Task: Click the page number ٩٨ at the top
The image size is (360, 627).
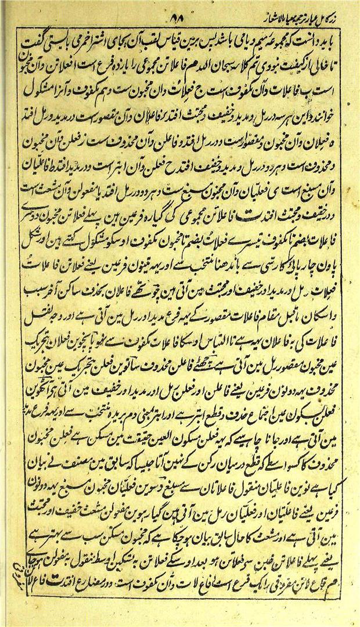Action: point(174,19)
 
